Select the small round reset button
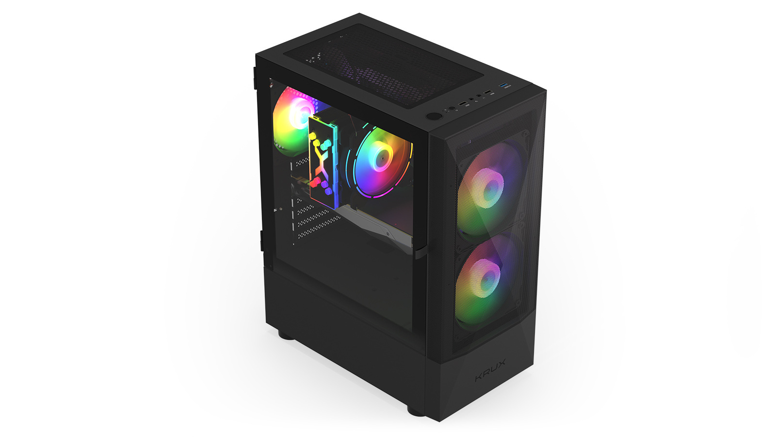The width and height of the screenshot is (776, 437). pyautogui.click(x=452, y=109)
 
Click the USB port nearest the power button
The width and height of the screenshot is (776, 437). pyautogui.click(x=463, y=103)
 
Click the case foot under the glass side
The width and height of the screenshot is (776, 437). pyautogui.click(x=286, y=335)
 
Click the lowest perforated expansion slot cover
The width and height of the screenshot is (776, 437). pyautogui.click(x=318, y=228)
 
